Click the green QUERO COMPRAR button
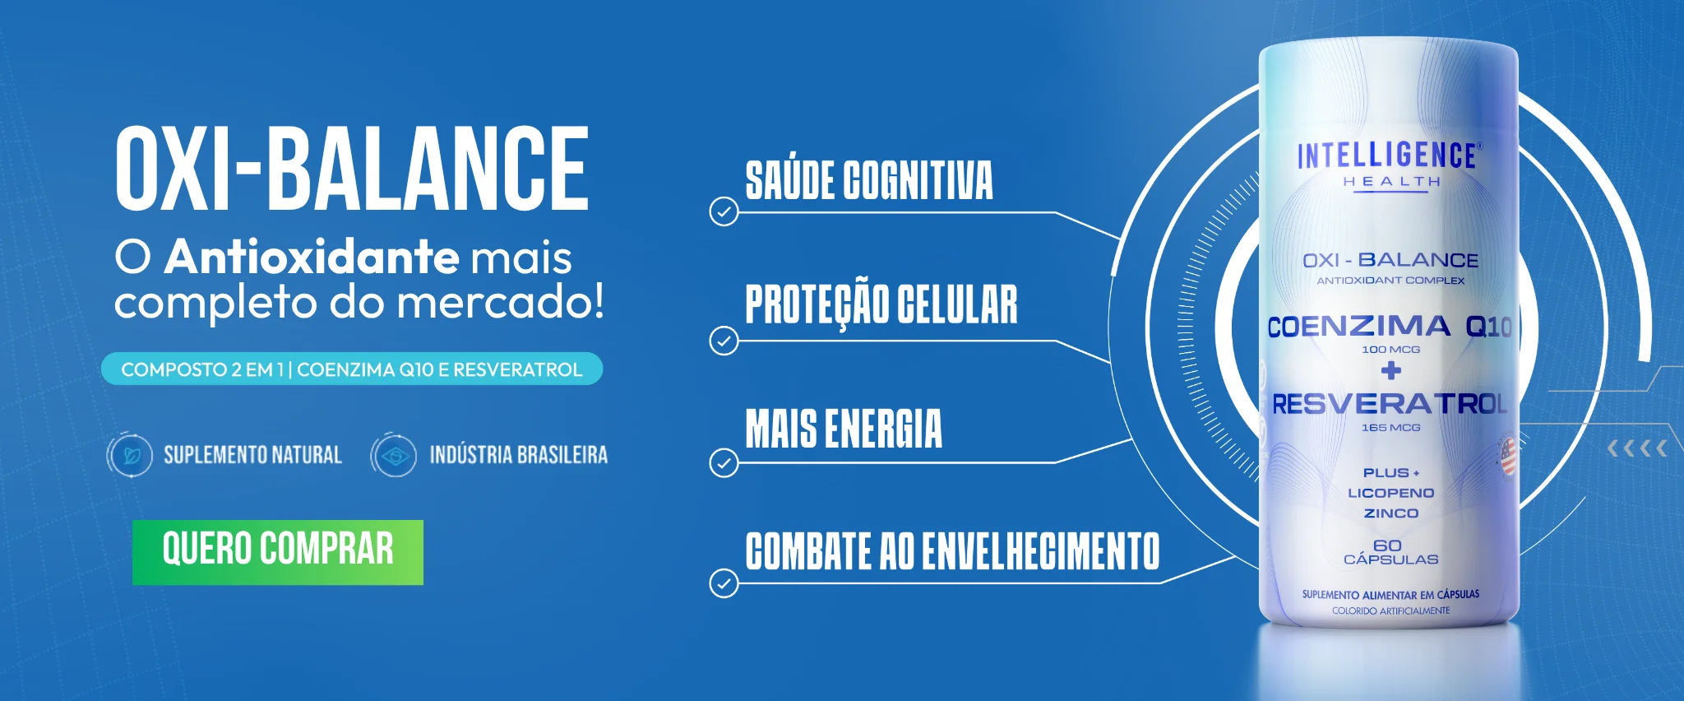278,552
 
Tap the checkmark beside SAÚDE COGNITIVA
724,211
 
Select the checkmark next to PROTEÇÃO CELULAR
724,340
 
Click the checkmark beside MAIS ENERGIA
724,463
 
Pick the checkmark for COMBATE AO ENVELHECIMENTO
724,583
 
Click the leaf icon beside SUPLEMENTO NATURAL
130,455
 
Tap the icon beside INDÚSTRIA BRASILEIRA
394,455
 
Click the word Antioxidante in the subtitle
312,257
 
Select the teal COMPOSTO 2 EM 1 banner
352,369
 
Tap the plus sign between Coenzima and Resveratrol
1391,371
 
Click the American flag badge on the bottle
1508,457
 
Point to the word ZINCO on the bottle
1391,513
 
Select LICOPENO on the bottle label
1391,493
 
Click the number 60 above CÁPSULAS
1388,545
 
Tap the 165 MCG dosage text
1391,428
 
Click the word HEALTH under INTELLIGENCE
1392,182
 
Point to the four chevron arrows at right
1637,448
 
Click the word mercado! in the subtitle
502,302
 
